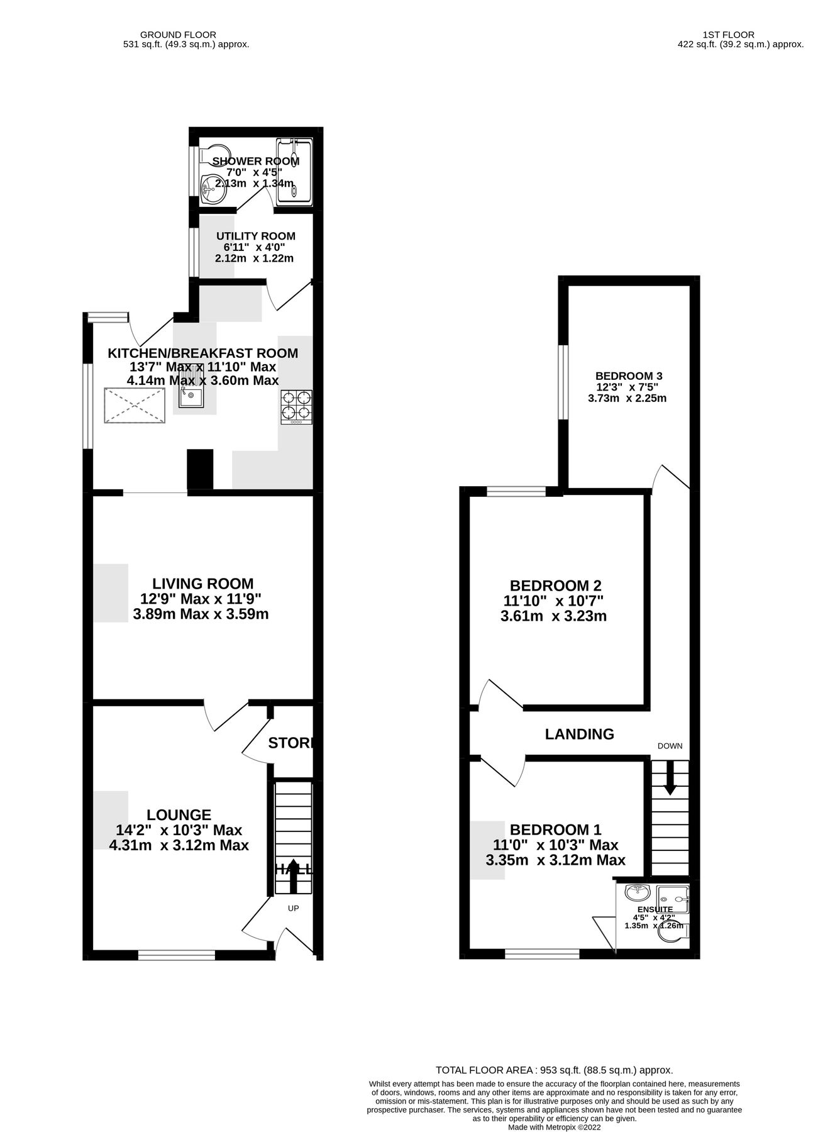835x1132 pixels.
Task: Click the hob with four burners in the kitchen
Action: tap(296, 406)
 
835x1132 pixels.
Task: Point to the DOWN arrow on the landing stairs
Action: tap(670, 777)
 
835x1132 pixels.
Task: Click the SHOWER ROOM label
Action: tap(255, 161)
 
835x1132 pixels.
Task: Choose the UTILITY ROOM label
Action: tap(255, 236)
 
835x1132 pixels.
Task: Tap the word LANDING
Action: tap(579, 734)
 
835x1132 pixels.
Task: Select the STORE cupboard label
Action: tap(290, 743)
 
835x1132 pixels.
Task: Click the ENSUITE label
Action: tap(655, 909)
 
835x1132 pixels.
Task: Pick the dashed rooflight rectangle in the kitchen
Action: tap(134, 406)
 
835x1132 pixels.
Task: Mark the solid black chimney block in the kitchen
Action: tap(201, 469)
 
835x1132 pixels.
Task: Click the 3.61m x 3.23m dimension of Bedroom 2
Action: tap(553, 616)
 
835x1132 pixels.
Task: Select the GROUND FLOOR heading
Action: tap(178, 35)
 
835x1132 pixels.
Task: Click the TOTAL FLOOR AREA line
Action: tap(554, 1070)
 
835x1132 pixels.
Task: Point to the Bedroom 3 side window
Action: tap(564, 382)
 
